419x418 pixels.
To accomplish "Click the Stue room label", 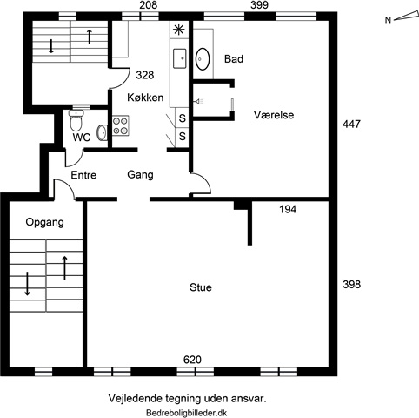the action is pos(201,287).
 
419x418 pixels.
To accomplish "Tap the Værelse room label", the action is pos(274,115).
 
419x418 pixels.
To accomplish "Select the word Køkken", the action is pos(145,98).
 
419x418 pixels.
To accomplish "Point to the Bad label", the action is pos(234,59).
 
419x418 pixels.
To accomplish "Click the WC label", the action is pos(82,138).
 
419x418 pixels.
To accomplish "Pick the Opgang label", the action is pos(44,223).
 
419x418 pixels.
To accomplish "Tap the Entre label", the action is pos(83,175).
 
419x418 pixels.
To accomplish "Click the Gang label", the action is pos(140,175).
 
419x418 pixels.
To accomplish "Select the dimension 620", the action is pos(192,360).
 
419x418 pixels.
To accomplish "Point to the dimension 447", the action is pos(351,125).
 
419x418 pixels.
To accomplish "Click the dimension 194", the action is pos(288,209).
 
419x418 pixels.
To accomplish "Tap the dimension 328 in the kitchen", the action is pos(145,75).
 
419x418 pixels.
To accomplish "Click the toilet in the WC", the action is pos(76,120).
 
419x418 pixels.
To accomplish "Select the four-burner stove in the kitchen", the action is pos(121,125).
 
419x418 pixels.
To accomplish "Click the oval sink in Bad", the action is pos(203,59).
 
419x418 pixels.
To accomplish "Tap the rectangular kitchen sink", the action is pos(179,58).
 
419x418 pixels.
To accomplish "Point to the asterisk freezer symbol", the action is pos(179,30).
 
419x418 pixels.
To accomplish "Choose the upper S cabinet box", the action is pos(182,118).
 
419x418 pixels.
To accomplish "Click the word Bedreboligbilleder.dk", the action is pos(187,413).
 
